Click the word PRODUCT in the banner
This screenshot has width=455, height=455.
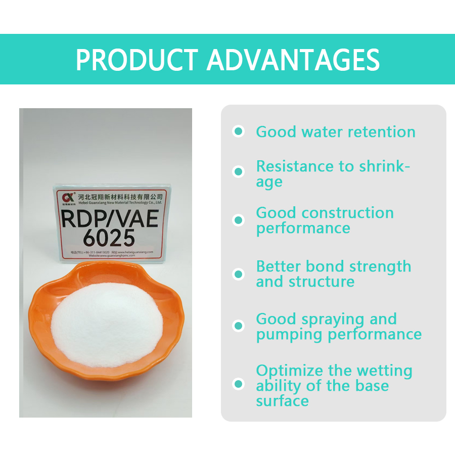[x=136, y=60]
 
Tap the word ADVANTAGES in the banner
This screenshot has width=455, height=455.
[x=293, y=60]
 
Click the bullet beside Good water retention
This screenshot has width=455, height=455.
[x=238, y=131]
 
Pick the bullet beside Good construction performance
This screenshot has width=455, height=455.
[x=238, y=220]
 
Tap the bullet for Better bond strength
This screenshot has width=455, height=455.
[x=238, y=274]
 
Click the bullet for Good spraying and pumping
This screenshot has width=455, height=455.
[x=238, y=326]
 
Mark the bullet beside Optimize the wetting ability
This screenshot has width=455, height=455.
[x=238, y=384]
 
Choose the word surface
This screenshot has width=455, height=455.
[x=282, y=401]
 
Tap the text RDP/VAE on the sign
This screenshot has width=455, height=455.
[x=109, y=218]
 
